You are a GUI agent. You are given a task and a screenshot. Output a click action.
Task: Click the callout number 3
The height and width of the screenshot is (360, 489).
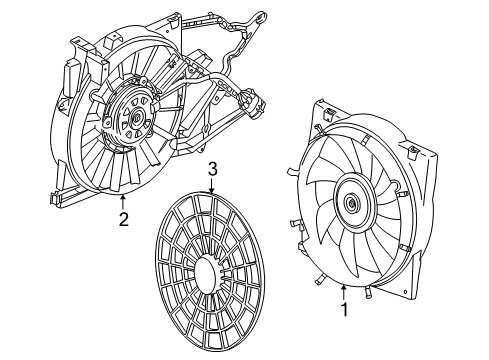(211, 170)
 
